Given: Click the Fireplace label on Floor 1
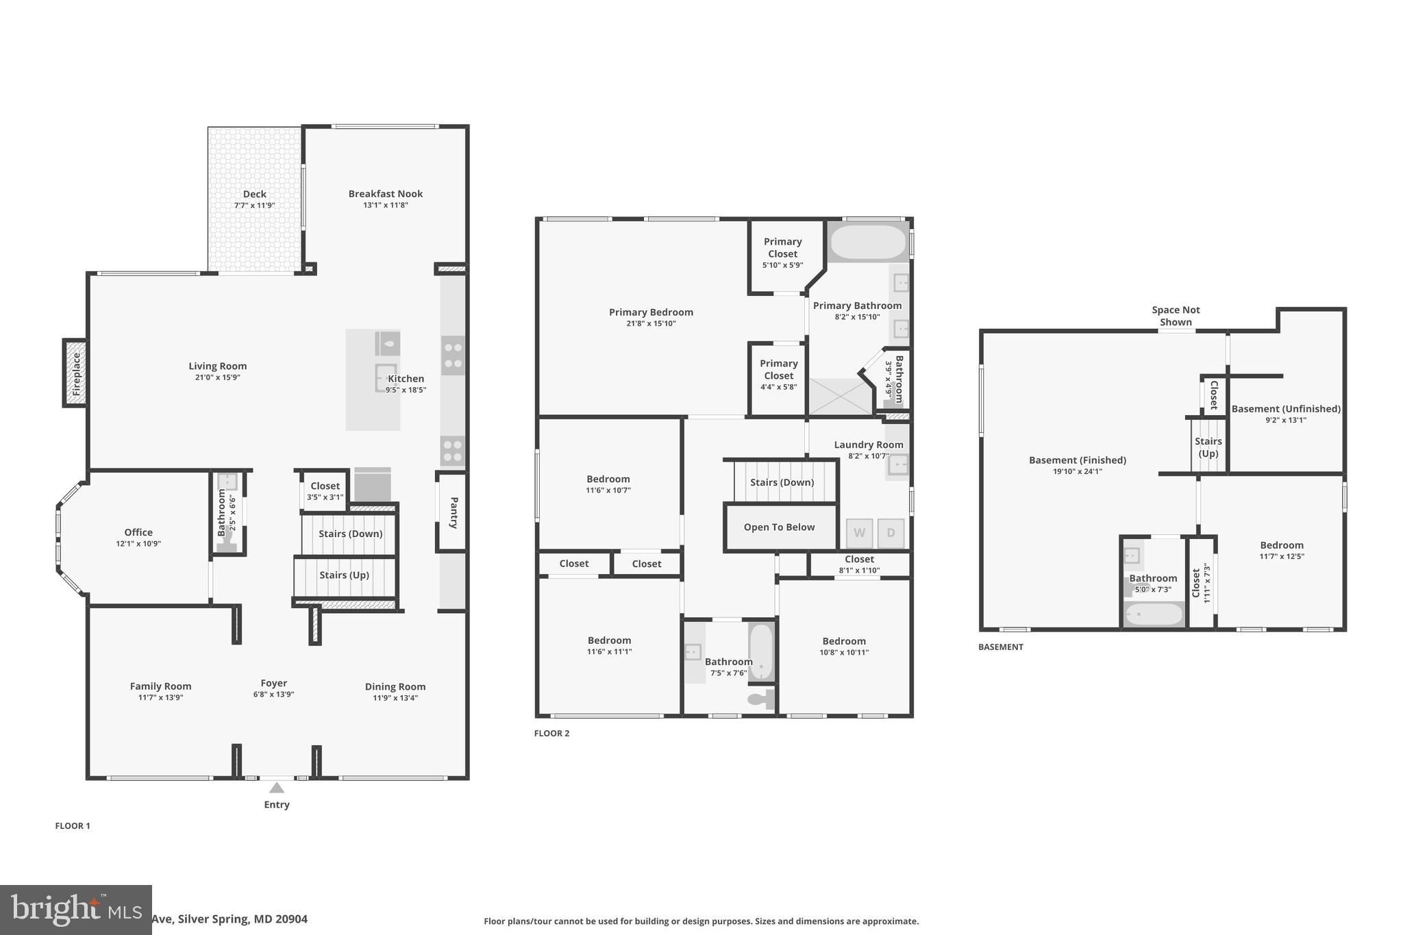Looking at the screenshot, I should (76, 373).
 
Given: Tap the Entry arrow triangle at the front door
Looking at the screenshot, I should (276, 788).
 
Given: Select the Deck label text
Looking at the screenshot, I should (254, 194).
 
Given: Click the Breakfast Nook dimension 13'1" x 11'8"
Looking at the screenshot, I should (386, 205).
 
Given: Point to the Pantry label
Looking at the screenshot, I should (454, 512).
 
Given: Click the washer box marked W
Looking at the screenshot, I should (859, 533).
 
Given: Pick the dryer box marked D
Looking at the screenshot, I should (891, 533).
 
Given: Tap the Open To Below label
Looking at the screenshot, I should (779, 527).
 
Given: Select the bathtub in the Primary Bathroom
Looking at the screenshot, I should (868, 242).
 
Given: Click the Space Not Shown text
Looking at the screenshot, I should (1176, 316).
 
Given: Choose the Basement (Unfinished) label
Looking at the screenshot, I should (1286, 409).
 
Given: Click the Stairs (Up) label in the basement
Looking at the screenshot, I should (1208, 447).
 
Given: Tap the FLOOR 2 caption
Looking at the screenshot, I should (551, 733).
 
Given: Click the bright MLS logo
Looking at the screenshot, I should (75, 910).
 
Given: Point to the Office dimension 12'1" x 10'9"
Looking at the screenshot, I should (138, 544).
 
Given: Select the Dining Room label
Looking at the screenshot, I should (395, 686).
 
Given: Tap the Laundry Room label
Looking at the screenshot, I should (868, 445).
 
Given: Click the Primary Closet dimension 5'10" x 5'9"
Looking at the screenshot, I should (782, 265).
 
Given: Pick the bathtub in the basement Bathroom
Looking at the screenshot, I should (1154, 614).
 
